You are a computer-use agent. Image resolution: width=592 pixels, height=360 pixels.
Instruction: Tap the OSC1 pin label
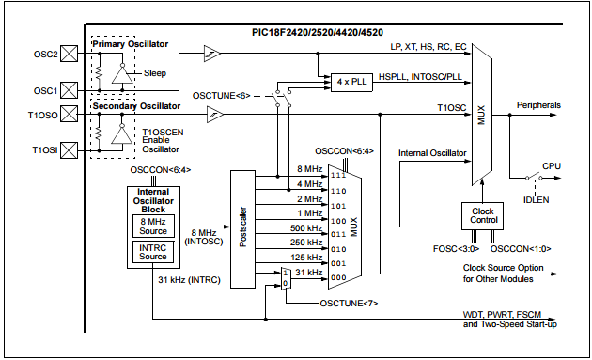43,90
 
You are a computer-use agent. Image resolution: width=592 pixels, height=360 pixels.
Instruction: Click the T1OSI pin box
68,149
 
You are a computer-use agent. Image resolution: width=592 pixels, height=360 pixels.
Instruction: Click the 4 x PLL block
348,83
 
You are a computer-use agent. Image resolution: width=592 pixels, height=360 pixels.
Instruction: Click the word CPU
552,165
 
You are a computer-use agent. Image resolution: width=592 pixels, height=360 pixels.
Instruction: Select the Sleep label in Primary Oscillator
156,72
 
